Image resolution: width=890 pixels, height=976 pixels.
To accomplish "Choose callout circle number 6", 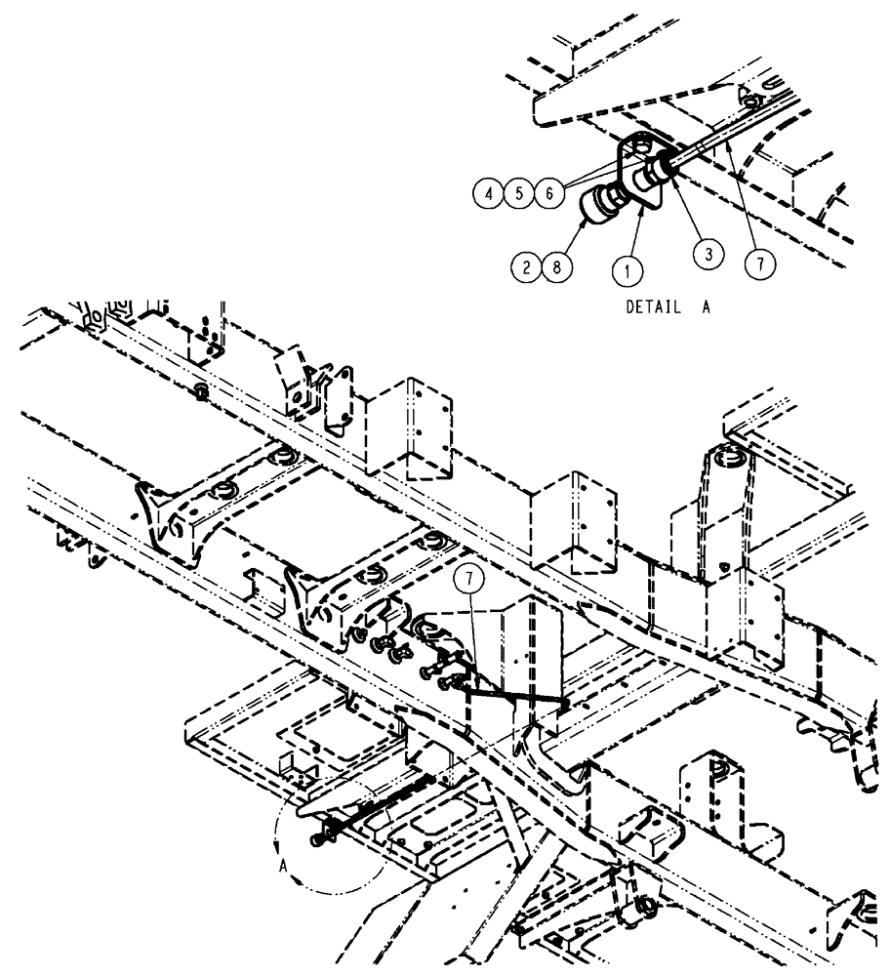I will coord(548,193).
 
